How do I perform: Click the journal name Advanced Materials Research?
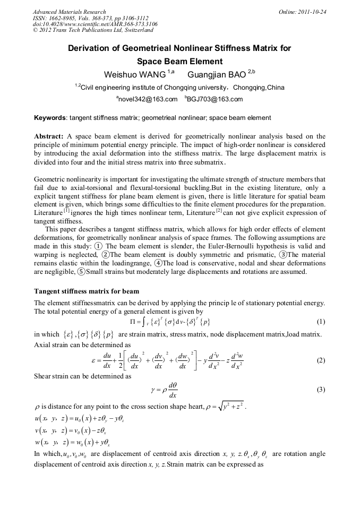point(69,12)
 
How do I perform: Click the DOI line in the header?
point(95,24)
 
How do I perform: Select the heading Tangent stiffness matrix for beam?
point(87,291)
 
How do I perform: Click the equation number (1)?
point(320,322)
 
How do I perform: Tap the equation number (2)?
point(320,360)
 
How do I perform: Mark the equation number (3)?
point(320,390)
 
